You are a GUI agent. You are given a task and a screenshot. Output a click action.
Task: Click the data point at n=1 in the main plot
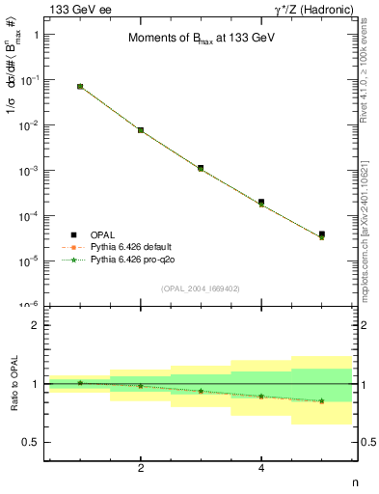[80, 87]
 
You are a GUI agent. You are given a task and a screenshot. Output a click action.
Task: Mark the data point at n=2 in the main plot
[141, 130]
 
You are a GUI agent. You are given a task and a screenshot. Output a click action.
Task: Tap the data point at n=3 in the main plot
[201, 168]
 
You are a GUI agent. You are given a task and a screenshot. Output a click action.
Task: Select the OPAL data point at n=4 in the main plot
[261, 203]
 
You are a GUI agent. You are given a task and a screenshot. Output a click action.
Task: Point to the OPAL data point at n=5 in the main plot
[321, 234]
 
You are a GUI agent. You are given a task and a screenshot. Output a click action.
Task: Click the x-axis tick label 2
[141, 468]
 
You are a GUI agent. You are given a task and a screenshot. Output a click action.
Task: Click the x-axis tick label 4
[261, 468]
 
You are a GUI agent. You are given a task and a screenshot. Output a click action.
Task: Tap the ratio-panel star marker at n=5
[321, 400]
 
